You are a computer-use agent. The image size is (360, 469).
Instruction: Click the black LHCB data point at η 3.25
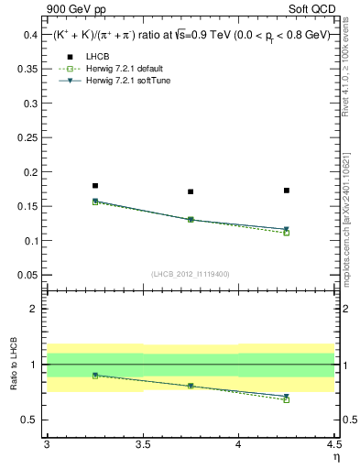pos(95,186)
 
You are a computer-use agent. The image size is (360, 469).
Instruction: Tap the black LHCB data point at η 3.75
pos(191,191)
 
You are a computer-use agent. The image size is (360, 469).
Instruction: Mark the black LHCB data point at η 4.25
pos(287,191)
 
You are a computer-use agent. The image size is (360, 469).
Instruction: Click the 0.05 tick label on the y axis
pos(28,275)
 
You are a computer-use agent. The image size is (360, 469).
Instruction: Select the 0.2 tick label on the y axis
pos(32,172)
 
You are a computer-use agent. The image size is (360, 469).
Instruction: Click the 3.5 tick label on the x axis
pos(143,444)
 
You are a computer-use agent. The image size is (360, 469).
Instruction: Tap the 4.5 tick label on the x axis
pos(333,444)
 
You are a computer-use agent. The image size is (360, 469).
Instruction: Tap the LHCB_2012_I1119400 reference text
pos(190,274)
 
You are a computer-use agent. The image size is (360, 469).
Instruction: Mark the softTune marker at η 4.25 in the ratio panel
pos(287,397)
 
